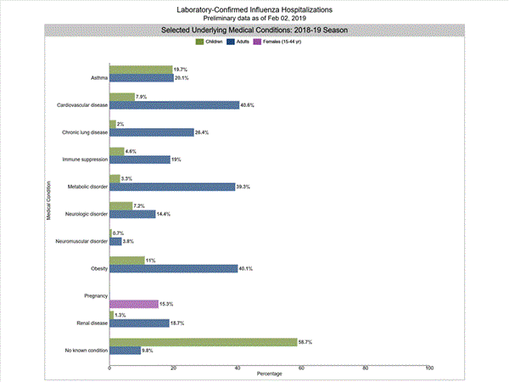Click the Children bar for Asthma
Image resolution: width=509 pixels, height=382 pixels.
(141, 69)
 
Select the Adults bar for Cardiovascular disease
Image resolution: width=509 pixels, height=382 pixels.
(175, 105)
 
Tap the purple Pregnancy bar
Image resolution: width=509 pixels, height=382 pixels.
(134, 304)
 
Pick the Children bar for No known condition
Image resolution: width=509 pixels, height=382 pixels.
(204, 341)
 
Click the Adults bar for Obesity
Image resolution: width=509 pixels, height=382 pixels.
(174, 268)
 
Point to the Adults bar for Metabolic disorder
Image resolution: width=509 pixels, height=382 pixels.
(172, 187)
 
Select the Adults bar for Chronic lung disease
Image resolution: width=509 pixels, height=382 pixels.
(152, 132)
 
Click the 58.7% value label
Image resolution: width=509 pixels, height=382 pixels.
(306, 341)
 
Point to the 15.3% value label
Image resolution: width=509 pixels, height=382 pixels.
(168, 304)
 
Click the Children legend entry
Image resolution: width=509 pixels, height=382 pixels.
(211, 41)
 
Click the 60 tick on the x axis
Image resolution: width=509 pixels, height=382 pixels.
(301, 368)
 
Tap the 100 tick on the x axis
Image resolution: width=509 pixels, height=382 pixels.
(429, 368)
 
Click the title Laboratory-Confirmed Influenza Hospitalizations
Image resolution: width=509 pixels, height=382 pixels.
(255, 9)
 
